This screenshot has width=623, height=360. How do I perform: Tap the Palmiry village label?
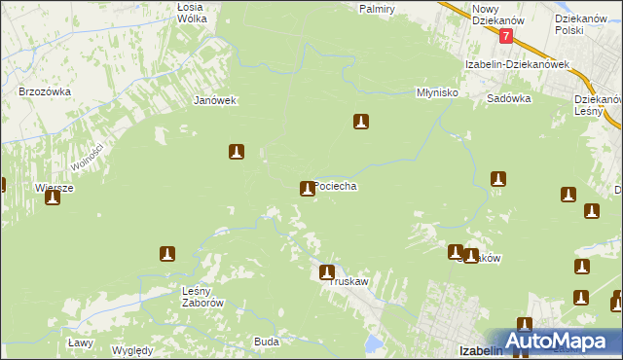[x=376, y=9]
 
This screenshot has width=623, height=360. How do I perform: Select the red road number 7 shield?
[x=506, y=35]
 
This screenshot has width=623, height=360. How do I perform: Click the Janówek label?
[x=216, y=100]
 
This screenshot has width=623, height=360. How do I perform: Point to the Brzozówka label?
[x=40, y=91]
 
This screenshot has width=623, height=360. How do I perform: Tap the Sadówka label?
[x=508, y=98]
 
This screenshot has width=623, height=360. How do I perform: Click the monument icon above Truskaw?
[x=327, y=272]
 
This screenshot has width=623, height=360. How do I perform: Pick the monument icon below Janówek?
[x=236, y=152]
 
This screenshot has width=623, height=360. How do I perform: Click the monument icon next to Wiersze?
[x=53, y=197]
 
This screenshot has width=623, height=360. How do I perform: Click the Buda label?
[x=267, y=342]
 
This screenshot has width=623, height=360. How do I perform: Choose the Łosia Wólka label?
[x=196, y=12]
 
